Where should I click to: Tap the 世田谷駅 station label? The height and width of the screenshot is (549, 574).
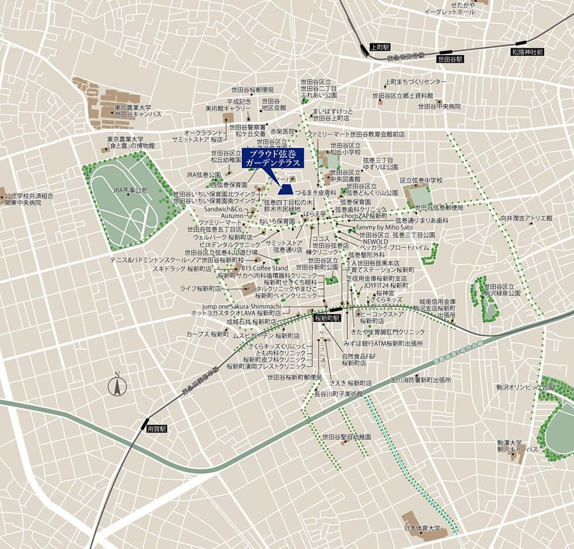tap(450, 59)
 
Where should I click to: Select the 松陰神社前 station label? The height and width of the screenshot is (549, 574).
tap(527, 52)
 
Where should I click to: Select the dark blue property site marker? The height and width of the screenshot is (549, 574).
tap(286, 189)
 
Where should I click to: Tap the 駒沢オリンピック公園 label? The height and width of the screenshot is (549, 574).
tap(530, 387)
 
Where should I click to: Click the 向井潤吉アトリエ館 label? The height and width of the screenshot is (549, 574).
tap(526, 218)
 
